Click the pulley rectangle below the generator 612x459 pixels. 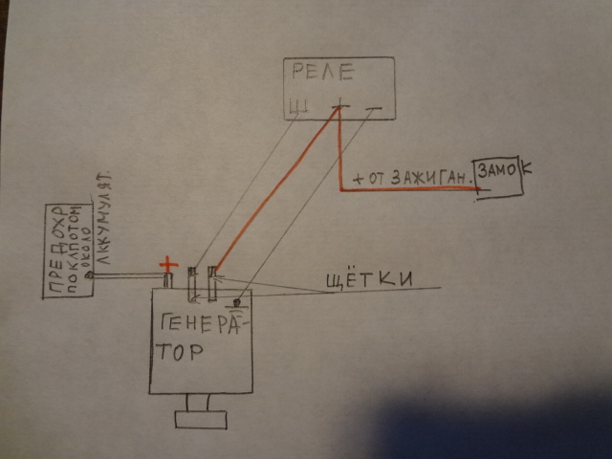pyautogui.click(x=200, y=419)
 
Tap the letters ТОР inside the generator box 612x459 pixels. pyautogui.click(x=181, y=351)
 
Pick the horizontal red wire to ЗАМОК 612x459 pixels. pyautogui.click(x=411, y=189)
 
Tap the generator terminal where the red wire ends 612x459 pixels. pyautogui.click(x=212, y=282)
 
